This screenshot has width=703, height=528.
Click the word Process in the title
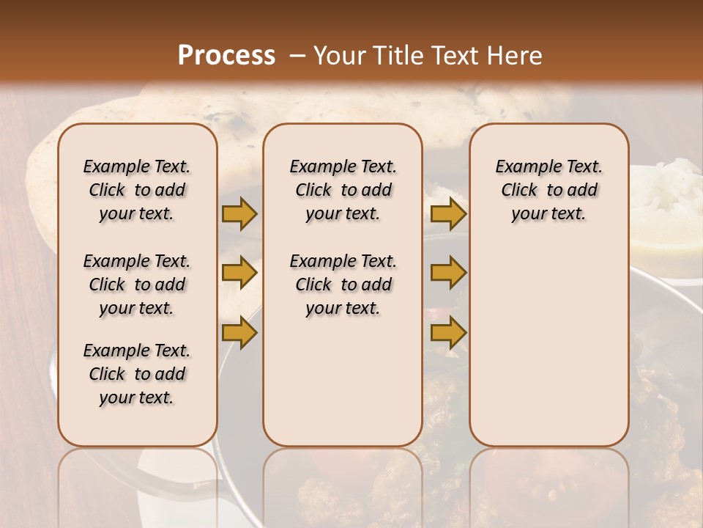point(226,56)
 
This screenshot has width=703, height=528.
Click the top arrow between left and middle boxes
point(239,213)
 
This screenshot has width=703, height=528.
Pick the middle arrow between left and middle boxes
point(239,273)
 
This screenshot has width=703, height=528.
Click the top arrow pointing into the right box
point(447,213)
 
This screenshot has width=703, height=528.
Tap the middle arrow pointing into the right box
point(447,273)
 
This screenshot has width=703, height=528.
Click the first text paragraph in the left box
point(137,190)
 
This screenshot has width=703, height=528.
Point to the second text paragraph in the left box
point(137,285)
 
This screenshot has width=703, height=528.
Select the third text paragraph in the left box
point(137,374)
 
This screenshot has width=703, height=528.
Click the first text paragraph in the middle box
point(343,190)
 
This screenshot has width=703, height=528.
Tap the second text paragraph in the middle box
point(343,285)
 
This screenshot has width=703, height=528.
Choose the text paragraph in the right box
point(548,190)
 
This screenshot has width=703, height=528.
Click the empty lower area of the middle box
point(343,381)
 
